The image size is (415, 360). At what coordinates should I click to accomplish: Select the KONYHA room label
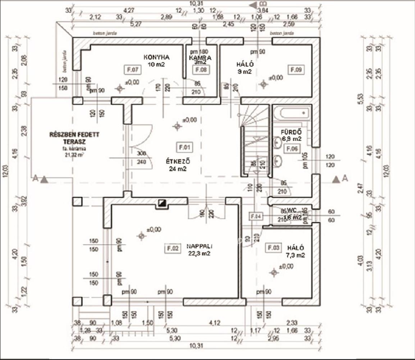click(156, 57)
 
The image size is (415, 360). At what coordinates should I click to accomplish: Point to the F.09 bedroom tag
click(296, 69)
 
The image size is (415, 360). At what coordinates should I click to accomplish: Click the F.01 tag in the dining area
click(184, 147)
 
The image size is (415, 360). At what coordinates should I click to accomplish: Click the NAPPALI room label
click(200, 247)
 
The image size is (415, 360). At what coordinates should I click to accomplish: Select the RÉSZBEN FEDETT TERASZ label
click(74, 138)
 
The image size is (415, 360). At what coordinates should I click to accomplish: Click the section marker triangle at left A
click(44, 179)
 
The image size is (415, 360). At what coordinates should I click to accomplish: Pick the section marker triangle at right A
click(336, 179)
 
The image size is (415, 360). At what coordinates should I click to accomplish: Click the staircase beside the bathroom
click(255, 140)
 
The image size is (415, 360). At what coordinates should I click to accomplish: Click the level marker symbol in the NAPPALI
click(142, 236)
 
